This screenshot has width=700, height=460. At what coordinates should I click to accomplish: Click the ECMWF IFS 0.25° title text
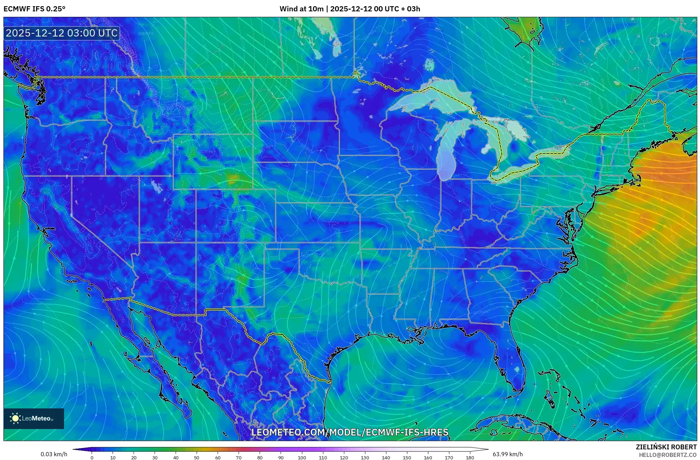34,9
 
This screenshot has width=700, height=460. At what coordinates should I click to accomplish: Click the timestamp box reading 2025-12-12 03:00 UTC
62,33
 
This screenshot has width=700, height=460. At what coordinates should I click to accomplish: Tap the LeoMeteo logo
34,418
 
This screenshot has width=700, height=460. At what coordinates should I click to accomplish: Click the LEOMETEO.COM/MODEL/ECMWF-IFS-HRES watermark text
350,432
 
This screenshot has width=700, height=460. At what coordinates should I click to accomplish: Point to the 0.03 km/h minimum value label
54,454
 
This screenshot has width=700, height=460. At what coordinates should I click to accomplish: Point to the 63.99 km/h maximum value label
508,454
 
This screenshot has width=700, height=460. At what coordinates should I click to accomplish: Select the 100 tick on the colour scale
302,457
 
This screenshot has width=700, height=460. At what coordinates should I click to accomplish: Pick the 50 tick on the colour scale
197,457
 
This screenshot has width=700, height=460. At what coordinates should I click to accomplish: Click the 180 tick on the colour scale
470,457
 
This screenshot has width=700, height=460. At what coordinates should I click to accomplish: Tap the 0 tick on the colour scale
92,457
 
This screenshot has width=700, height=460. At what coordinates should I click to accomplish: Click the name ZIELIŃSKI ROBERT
666,447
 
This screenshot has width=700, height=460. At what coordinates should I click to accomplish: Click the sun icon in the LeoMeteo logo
15,418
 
